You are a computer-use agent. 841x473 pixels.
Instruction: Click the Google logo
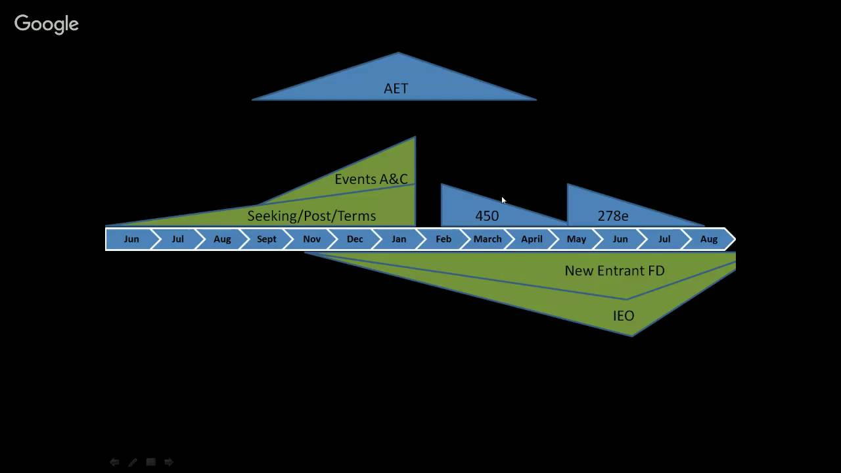point(47,24)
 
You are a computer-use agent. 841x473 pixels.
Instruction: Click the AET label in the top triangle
point(396,89)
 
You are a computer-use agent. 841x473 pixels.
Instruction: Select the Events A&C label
point(371,179)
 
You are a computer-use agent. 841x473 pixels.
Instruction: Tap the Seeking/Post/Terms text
point(311,215)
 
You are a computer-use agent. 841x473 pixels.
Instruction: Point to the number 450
point(487,215)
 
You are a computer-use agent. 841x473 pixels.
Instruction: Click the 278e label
point(612,215)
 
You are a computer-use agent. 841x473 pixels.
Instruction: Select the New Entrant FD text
point(614,270)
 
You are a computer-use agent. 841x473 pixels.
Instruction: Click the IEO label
point(623,316)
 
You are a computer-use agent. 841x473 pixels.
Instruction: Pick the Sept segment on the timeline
point(266,239)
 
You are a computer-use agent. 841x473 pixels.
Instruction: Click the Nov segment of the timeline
point(311,239)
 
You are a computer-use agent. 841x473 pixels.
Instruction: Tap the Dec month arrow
point(355,239)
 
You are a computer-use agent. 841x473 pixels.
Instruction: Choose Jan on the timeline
point(399,239)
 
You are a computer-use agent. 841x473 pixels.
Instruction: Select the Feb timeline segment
point(443,239)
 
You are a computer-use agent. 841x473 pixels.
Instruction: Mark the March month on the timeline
point(488,239)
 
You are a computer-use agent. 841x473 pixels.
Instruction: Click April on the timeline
point(532,239)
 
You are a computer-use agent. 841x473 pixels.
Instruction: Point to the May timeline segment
point(576,239)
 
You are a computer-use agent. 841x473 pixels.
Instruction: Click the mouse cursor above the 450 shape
point(503,200)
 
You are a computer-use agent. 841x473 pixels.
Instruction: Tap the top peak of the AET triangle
point(398,53)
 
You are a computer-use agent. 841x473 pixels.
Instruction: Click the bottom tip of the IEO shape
point(632,335)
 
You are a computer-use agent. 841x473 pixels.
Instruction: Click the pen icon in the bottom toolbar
point(132,462)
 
